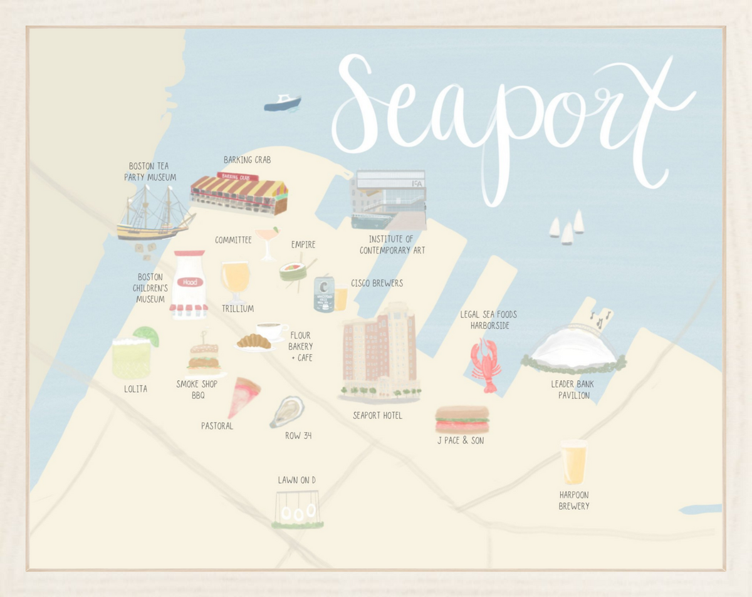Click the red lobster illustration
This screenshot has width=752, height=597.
(486, 365)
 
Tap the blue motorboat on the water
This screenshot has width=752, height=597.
(283, 103)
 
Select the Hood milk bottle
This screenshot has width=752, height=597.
(189, 285)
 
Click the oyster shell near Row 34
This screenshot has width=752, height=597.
(287, 412)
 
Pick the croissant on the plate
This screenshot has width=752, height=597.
(254, 341)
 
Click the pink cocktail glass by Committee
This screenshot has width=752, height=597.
(268, 242)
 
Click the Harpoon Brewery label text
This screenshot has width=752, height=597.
(574, 501)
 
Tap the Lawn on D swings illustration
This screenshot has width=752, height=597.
(297, 510)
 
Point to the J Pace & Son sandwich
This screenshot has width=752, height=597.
(462, 419)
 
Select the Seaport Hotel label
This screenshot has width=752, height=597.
(377, 415)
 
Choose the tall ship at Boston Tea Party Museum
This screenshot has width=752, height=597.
(154, 214)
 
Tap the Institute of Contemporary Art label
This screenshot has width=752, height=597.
(392, 245)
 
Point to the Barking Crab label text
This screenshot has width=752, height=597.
(247, 160)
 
